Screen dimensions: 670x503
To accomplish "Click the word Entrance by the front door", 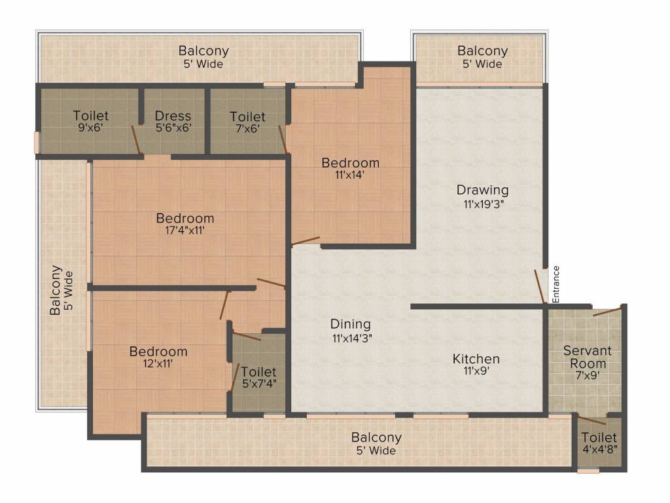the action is click(x=556, y=284).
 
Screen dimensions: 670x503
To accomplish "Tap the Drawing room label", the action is click(x=482, y=190).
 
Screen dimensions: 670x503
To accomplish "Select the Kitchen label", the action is click(x=476, y=358).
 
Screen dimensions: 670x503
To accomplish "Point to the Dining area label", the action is click(x=351, y=324).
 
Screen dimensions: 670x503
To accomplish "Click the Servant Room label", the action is click(x=588, y=357).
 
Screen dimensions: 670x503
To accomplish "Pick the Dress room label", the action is click(x=173, y=115).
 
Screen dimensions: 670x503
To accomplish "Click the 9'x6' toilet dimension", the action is click(x=90, y=128).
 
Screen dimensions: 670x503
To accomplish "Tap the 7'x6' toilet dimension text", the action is click(x=248, y=128).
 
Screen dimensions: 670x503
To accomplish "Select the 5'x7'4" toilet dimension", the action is click(x=259, y=384).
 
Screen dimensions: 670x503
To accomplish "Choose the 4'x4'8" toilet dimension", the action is click(x=599, y=449).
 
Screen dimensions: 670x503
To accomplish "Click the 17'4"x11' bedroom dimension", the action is click(x=185, y=231).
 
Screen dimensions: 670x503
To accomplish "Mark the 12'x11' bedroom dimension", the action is click(x=158, y=364).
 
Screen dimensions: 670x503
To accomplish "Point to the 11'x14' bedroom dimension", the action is click(x=350, y=174).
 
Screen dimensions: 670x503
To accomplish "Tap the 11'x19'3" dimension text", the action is click(x=484, y=204).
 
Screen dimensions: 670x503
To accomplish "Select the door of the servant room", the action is click(x=607, y=311).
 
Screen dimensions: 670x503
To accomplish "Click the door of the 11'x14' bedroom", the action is click(x=305, y=241).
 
